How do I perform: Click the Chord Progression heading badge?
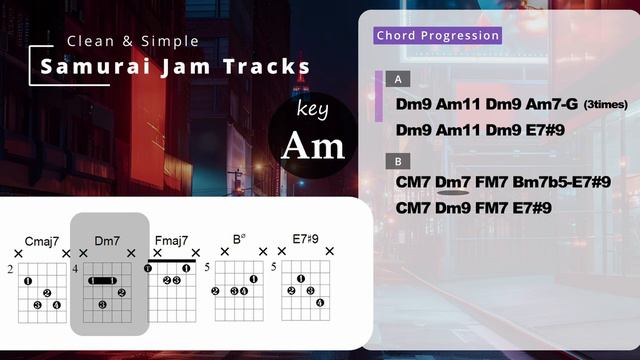(437, 36)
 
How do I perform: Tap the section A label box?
(399, 79)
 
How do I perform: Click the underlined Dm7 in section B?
(453, 182)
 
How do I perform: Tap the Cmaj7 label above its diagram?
(42, 240)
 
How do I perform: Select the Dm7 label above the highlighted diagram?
(107, 240)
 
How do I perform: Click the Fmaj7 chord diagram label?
(170, 240)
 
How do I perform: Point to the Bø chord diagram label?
(238, 240)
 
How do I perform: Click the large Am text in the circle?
(312, 146)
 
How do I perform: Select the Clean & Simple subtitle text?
(132, 41)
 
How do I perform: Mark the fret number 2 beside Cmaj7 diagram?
(9, 270)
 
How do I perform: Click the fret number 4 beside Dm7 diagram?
(75, 270)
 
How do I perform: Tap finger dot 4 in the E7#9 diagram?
(320, 302)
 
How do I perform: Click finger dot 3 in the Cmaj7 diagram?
(36, 304)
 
